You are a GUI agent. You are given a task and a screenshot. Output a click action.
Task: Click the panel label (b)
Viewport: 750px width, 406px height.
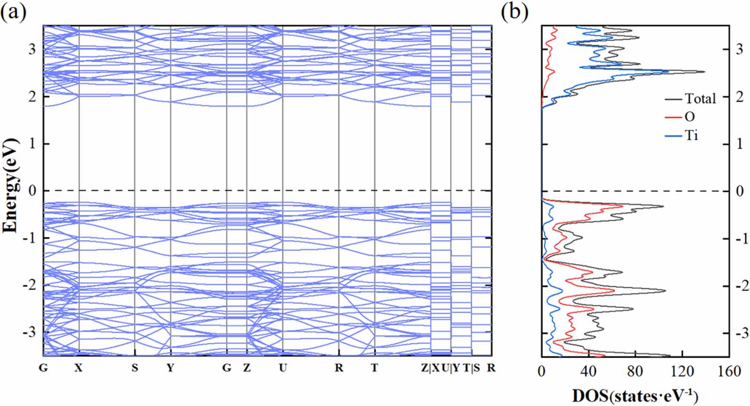pos(515,12)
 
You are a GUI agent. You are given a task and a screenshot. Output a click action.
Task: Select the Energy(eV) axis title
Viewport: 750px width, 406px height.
pos(10,186)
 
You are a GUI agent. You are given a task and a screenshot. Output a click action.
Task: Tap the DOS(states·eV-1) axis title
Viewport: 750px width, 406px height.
pos(635,396)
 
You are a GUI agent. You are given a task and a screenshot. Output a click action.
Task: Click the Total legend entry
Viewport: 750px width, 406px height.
pos(700,98)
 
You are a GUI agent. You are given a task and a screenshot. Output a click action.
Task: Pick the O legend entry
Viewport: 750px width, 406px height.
pos(690,117)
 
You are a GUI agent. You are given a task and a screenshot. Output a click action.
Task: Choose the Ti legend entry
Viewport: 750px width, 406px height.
pos(691,135)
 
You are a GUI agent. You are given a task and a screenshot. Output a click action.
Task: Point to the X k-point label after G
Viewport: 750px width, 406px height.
pos(78,368)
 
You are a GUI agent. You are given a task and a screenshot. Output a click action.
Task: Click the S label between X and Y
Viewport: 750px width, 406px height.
pos(135,368)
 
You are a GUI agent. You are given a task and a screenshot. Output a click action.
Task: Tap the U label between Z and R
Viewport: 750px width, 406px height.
pos(283,368)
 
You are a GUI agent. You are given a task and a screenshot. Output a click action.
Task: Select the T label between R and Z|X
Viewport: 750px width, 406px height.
pos(374,368)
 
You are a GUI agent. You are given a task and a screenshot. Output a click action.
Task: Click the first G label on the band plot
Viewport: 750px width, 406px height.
pos(43,368)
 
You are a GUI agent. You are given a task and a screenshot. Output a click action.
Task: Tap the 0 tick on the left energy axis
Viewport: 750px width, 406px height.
pos(32,191)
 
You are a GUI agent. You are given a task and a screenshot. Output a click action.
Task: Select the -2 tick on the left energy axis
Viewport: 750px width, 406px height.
pos(29,286)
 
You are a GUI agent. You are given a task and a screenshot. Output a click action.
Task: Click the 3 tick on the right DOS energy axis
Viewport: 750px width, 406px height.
pos(739,49)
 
